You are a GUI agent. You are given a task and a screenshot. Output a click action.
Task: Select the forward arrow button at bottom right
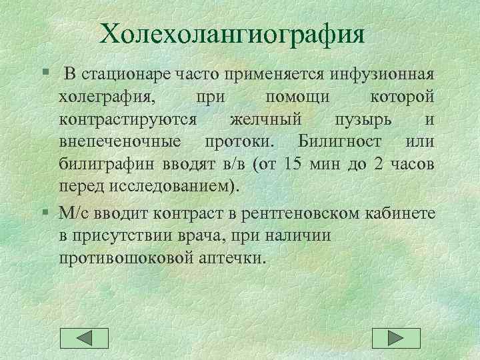(x=396, y=339)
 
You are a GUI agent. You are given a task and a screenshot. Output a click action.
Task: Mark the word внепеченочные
(x=119, y=142)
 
